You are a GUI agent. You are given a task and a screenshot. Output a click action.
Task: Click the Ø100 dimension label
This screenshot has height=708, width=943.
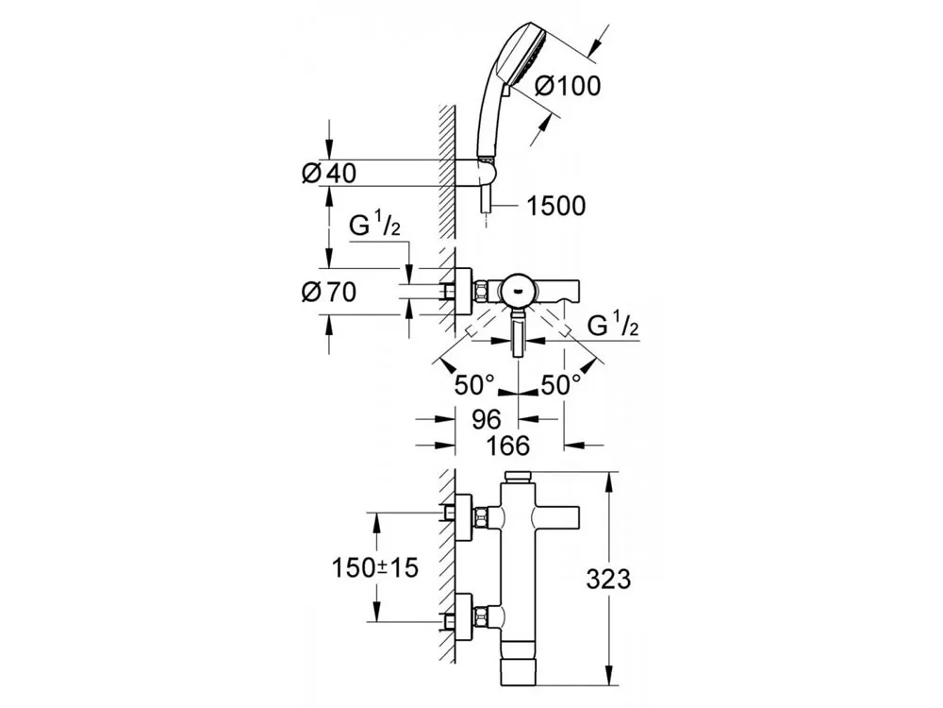click(567, 85)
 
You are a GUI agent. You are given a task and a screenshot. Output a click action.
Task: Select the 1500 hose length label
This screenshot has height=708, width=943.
click(558, 205)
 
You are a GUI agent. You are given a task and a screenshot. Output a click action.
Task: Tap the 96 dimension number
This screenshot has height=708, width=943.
click(486, 416)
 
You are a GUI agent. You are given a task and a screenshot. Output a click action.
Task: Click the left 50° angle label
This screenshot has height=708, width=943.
click(471, 384)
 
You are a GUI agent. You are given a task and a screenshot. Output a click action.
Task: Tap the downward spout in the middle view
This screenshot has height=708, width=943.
click(519, 336)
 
